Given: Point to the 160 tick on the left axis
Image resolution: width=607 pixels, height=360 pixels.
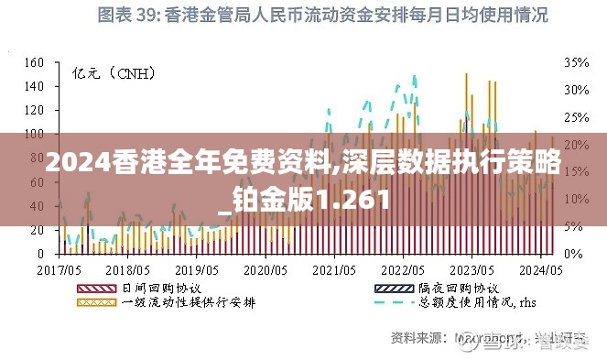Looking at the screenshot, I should (34, 62).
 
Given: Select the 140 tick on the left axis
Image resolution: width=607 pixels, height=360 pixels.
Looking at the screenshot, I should (34, 86).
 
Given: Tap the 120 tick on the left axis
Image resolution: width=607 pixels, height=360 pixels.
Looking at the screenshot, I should (34, 110).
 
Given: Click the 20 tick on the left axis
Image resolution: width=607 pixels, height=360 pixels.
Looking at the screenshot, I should (38, 229).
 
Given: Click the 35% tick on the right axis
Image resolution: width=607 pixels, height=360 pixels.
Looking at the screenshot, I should (575, 62).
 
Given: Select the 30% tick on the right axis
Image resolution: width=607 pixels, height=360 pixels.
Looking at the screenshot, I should (575, 90).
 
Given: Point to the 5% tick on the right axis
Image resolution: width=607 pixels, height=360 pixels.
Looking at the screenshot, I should (572, 225).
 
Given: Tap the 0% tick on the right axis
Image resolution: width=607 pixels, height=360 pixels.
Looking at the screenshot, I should (572, 253).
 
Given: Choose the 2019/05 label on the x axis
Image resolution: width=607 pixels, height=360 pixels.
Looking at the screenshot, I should (196, 270).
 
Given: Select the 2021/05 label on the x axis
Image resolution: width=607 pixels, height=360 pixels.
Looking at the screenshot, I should (333, 270).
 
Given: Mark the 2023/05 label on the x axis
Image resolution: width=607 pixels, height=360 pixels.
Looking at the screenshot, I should (472, 270).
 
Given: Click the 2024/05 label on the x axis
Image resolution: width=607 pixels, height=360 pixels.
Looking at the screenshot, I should (540, 270).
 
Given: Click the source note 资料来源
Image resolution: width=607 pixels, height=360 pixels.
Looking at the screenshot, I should (417, 337).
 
